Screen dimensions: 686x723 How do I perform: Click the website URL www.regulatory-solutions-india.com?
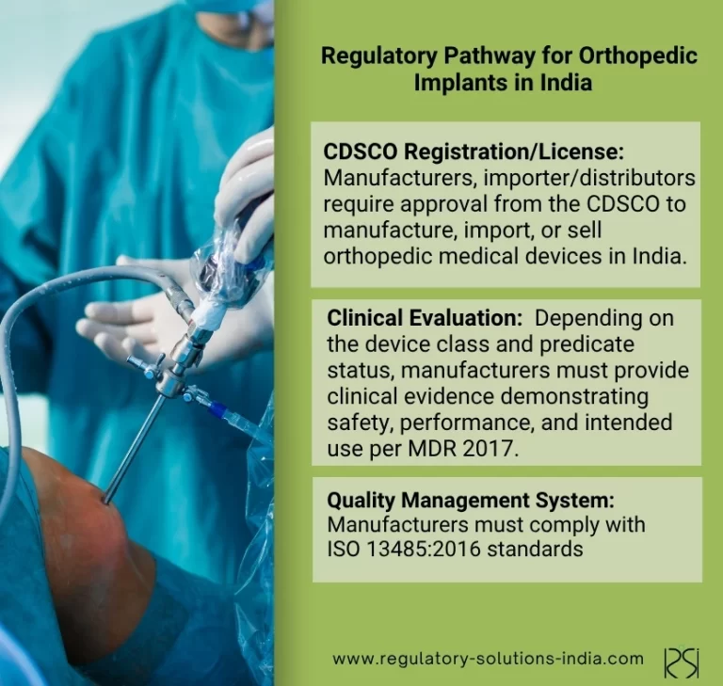[488, 659]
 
